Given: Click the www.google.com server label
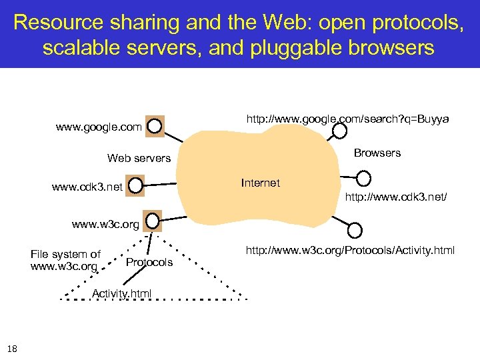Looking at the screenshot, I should point(99,127).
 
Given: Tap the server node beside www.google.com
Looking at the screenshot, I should point(154,125).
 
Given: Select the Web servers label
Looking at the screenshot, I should point(139,159).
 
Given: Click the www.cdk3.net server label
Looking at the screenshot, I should point(87,187).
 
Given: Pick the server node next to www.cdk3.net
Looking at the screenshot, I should point(135,186).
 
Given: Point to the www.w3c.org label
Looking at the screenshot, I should point(105,225).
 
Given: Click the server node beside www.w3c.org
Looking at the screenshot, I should point(153,220).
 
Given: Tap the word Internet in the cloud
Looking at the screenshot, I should point(260,183).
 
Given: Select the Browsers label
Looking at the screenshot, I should point(377,153).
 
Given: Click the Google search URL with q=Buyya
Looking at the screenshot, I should point(347,119).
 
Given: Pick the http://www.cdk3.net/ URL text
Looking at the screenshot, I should point(395,197).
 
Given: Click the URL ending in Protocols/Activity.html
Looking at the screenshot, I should point(350,251).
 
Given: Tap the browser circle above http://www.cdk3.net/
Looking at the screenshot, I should point(363,179).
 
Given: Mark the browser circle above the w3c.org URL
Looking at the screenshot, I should point(355,230).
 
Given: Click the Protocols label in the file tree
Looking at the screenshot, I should point(149,262).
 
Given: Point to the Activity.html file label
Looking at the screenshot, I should point(121,293).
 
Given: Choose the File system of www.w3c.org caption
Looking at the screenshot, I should point(65,260).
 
